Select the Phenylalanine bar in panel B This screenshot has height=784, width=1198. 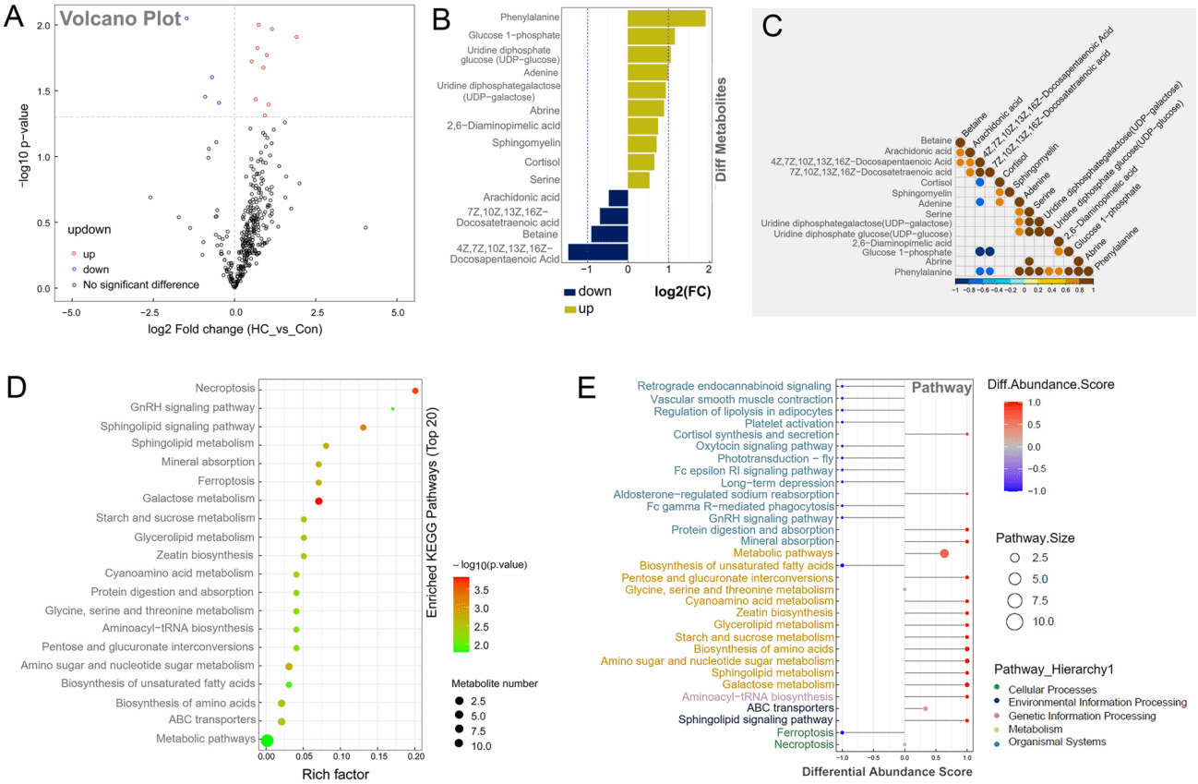(666, 18)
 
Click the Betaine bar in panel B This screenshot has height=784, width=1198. (609, 235)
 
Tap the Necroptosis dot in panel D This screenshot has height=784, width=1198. (415, 391)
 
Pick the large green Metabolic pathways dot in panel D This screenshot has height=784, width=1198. (267, 740)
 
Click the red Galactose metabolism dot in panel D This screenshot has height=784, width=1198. (318, 501)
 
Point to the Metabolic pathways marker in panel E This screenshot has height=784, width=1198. (944, 553)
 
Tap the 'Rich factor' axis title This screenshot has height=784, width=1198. (336, 774)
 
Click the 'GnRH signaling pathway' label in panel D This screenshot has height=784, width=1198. (194, 408)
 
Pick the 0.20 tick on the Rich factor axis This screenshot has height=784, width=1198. (415, 756)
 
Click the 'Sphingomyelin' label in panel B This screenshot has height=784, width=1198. (519, 143)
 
